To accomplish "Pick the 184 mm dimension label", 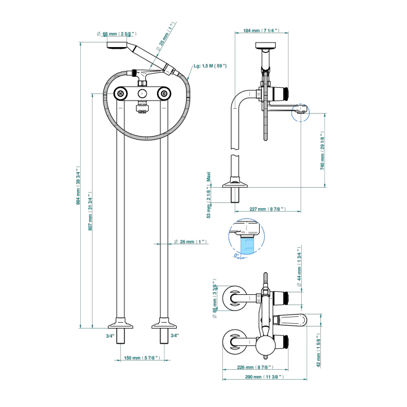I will [x=259, y=30].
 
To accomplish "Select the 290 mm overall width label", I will [x=263, y=377].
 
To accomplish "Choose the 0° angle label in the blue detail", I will [x=237, y=255].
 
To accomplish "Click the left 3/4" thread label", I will [x=110, y=335].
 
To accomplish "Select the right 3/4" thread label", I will [x=174, y=335].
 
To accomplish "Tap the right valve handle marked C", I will [x=165, y=94].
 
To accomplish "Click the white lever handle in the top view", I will [x=297, y=319].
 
